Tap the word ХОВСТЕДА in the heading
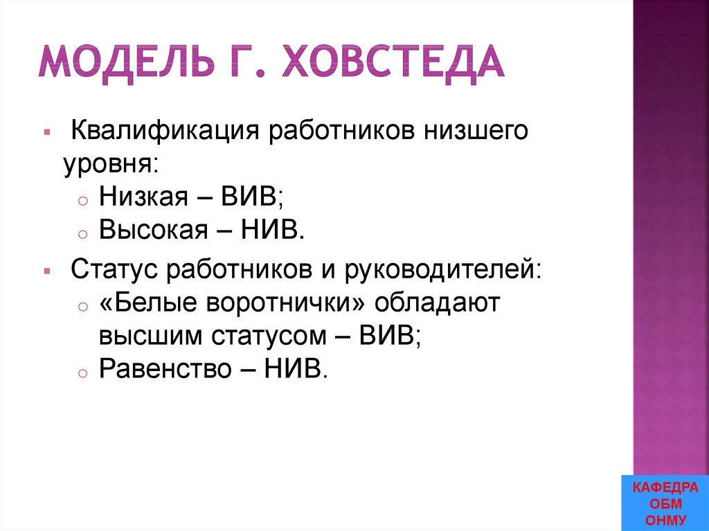pyautogui.click(x=392, y=62)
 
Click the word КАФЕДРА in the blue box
pyautogui.click(x=665, y=489)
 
